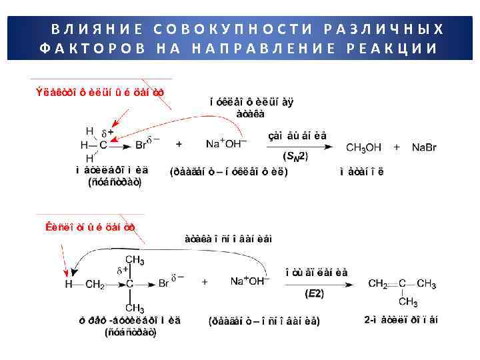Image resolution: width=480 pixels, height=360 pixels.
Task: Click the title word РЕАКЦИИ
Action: pos(393,49)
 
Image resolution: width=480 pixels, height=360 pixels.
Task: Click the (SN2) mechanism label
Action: pos(295,156)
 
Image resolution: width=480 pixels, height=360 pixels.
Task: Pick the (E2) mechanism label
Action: pos(315,293)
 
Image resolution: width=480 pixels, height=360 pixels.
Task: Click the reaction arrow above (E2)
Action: pos(317,283)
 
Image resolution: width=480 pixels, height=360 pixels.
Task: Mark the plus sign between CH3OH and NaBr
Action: pos(396,146)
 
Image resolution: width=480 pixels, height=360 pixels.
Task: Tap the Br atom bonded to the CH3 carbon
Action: pos(142,145)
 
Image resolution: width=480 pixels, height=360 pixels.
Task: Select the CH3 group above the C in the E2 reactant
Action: pos(134,259)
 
